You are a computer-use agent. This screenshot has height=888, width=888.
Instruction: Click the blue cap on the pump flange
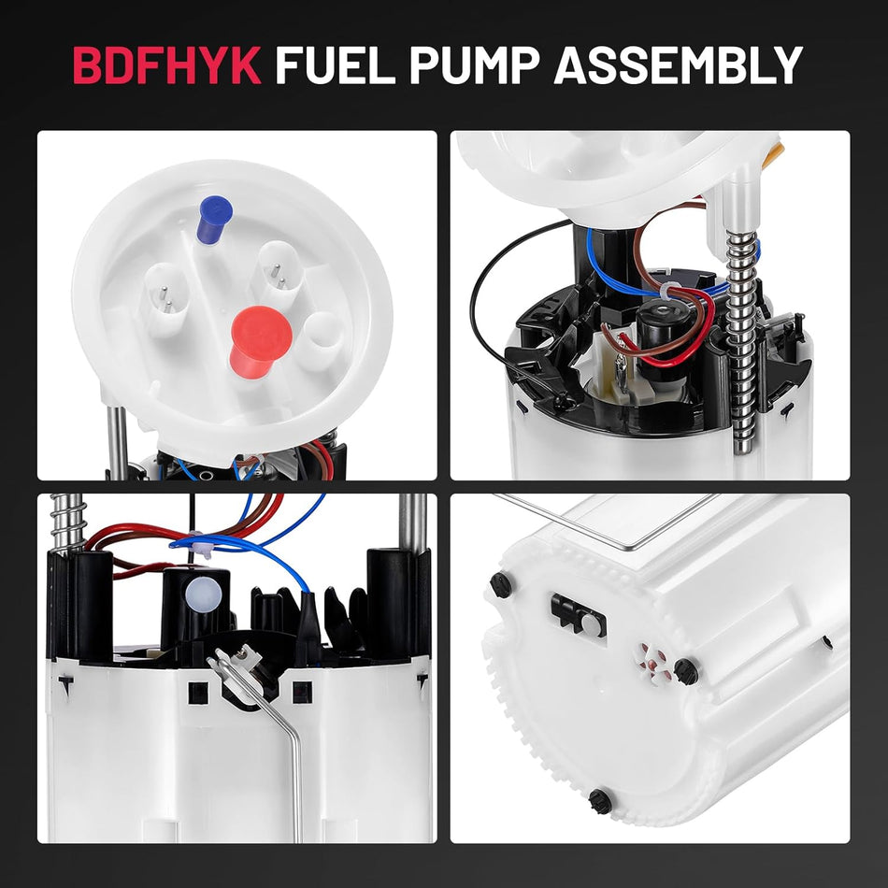(x=213, y=219)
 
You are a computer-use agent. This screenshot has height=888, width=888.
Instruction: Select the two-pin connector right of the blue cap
(x=277, y=267)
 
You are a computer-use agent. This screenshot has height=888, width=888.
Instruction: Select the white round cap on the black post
(x=198, y=589)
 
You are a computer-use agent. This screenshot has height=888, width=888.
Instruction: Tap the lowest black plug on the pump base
(x=600, y=800)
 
